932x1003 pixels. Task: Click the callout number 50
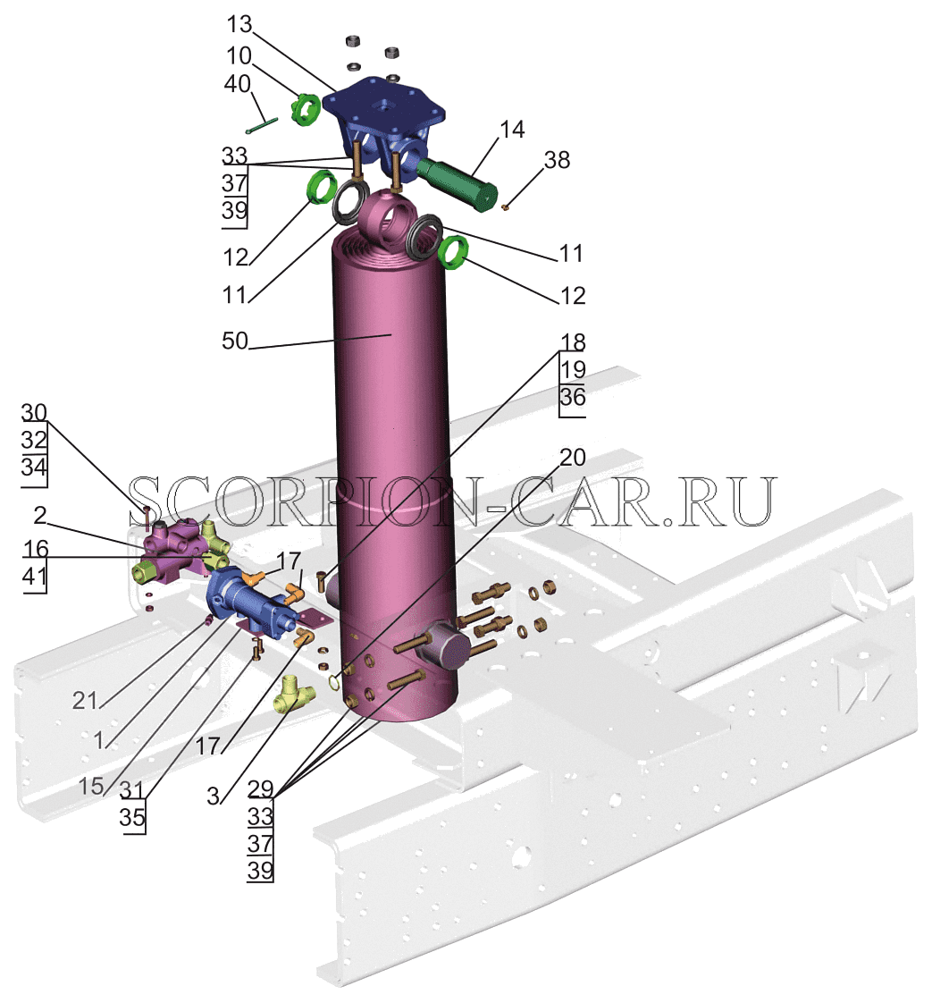coord(235,341)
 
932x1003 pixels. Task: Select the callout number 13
coord(239,24)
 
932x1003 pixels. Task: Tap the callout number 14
coord(512,130)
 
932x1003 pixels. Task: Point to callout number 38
coord(557,160)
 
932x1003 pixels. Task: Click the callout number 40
coord(237,84)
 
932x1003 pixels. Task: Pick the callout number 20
coord(573,457)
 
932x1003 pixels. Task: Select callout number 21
coord(84,701)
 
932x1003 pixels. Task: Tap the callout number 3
coord(213,796)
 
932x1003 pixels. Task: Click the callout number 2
coord(40,515)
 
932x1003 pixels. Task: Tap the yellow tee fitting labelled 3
coord(293,695)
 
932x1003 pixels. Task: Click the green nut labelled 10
coord(305,109)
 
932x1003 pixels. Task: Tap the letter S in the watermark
coord(151,501)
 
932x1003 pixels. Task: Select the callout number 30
coord(34,413)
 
